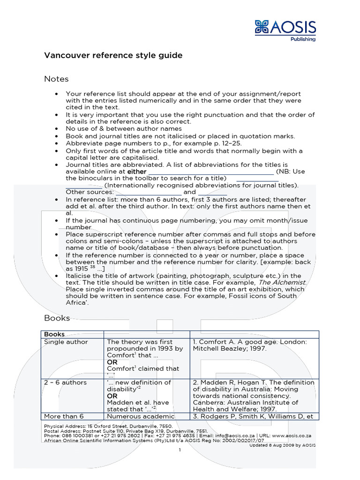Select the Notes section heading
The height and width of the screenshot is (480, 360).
pos(56,79)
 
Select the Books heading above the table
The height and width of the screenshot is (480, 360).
pos(57,318)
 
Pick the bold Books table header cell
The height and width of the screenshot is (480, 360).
pos(54,334)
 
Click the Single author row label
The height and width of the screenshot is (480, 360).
pos(66,342)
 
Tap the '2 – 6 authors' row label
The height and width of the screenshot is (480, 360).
pos(65,382)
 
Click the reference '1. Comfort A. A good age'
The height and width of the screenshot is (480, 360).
pos(250,345)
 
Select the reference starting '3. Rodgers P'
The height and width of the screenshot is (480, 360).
pos(254,416)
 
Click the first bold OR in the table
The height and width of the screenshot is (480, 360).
pos(112,362)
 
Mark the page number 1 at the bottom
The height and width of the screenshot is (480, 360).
pos(180,450)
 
